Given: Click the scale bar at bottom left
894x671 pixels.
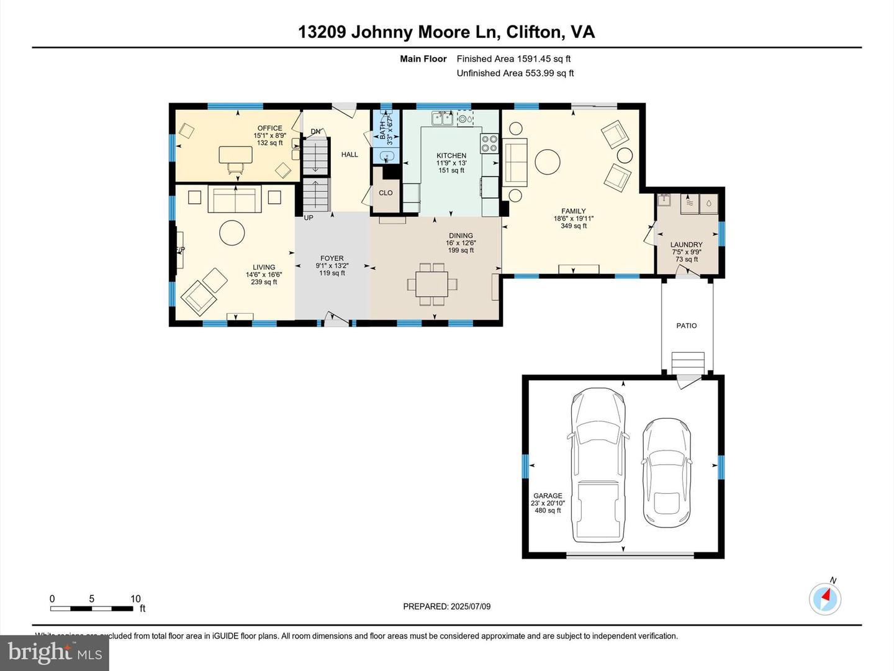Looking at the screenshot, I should pyautogui.click(x=92, y=608).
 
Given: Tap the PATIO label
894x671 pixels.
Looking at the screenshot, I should pyautogui.click(x=686, y=326).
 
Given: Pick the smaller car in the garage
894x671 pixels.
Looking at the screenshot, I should pyautogui.click(x=666, y=472).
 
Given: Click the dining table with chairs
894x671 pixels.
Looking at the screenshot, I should pyautogui.click(x=433, y=285).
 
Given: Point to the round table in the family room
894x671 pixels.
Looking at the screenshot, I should pyautogui.click(x=548, y=162).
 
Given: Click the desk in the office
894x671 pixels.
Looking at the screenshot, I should pyautogui.click(x=236, y=155).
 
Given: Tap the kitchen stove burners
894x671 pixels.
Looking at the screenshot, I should pyautogui.click(x=489, y=144).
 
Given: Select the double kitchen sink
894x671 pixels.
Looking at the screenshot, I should pyautogui.click(x=442, y=117).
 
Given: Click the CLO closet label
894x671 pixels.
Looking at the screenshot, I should pyautogui.click(x=386, y=193).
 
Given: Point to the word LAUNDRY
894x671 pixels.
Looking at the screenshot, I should pyautogui.click(x=686, y=245).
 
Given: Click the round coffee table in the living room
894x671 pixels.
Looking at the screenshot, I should pyautogui.click(x=232, y=233).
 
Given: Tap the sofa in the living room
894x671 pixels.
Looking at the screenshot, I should pyautogui.click(x=234, y=200).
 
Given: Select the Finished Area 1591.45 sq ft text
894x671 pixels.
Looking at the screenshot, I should pyautogui.click(x=513, y=59).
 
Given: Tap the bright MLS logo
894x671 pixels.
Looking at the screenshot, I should pyautogui.click(x=55, y=652).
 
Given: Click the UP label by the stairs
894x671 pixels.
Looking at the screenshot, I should pyautogui.click(x=309, y=218).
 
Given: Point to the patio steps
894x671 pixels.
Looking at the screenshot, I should pyautogui.click(x=688, y=362).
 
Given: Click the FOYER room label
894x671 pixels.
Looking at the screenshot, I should pyautogui.click(x=332, y=258).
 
